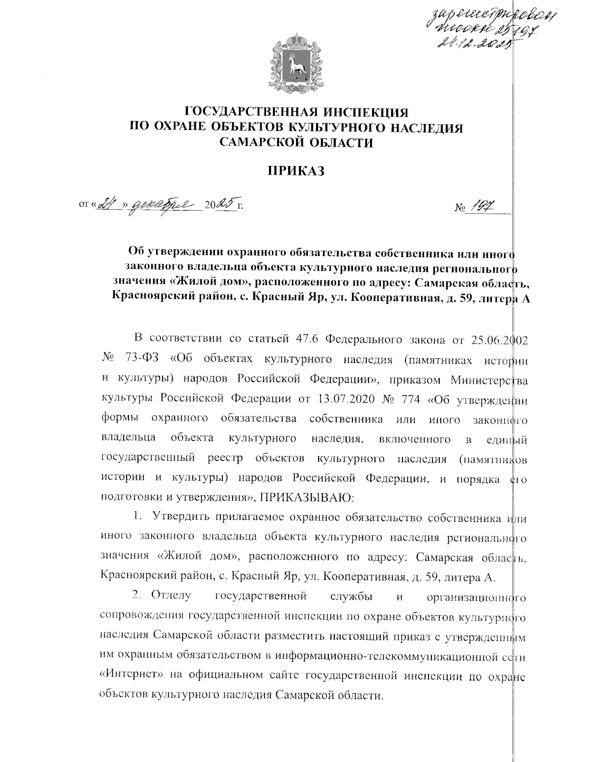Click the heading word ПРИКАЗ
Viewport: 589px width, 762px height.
(295, 171)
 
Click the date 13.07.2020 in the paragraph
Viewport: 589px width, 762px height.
(346, 398)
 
